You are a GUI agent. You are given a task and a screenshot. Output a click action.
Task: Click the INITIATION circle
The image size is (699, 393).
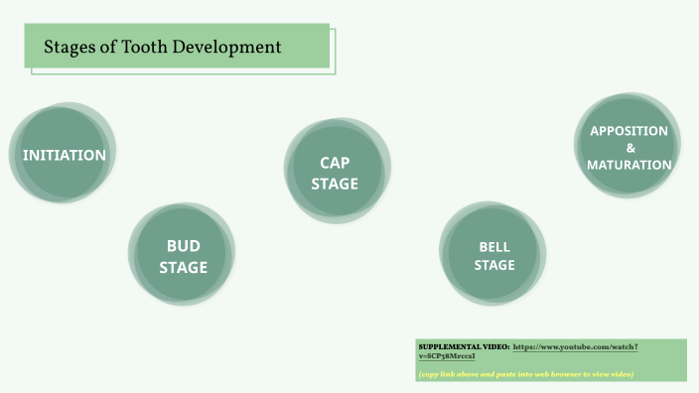pyautogui.click(x=64, y=155)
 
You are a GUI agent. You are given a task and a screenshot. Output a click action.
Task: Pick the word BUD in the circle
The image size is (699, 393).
pyautogui.click(x=183, y=246)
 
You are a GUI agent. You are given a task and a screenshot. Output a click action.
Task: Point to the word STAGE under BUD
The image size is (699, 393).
pyautogui.click(x=183, y=267)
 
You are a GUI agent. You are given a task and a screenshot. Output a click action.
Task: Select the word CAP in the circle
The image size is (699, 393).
pyautogui.click(x=335, y=163)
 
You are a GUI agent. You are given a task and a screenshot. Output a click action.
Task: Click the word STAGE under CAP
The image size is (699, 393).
pyautogui.click(x=335, y=184)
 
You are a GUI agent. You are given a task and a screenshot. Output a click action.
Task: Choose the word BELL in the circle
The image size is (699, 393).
pyautogui.click(x=493, y=247)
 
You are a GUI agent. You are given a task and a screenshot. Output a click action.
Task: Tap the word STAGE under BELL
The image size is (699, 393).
pyautogui.click(x=493, y=265)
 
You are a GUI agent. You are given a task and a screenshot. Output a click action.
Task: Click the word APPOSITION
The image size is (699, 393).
pyautogui.click(x=629, y=131)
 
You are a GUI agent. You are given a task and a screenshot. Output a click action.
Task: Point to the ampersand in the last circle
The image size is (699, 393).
pyautogui.click(x=629, y=148)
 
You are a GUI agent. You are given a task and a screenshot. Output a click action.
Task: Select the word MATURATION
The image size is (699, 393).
pyautogui.click(x=629, y=165)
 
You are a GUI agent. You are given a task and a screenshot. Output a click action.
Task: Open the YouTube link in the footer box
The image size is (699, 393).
pyautogui.click(x=575, y=346)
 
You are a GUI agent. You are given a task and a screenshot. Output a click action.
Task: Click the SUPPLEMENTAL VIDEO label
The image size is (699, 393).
pyautogui.click(x=464, y=346)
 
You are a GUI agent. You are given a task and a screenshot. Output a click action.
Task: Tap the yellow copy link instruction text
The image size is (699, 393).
pyautogui.click(x=525, y=373)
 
